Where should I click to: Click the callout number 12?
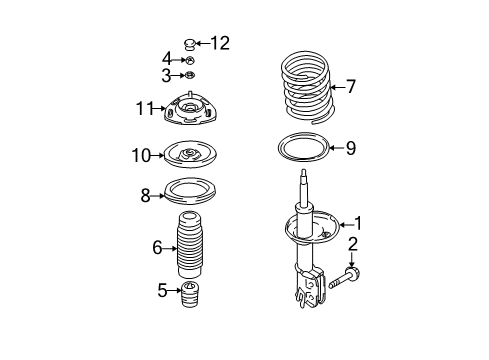pos(220,43)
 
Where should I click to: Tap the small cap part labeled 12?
pos(190,44)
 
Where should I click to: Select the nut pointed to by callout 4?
pos(190,60)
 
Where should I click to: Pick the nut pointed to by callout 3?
pos(190,76)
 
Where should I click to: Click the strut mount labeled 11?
pos(190,108)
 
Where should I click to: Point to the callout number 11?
pos(144,108)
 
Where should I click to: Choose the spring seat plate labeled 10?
pos(191,154)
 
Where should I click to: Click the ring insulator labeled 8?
pos(191,197)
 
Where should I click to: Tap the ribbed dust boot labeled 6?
pos(190,244)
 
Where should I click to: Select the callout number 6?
pos(157,248)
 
